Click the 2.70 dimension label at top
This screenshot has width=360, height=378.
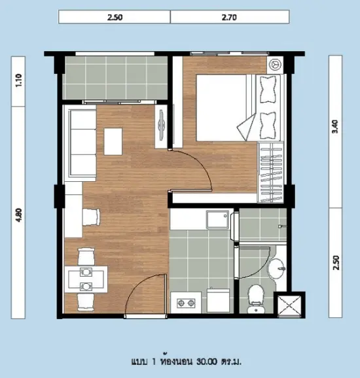point(229,18)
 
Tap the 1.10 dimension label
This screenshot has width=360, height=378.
point(18,80)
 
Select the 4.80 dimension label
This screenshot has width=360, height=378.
point(18,215)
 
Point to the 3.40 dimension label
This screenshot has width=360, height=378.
point(335,127)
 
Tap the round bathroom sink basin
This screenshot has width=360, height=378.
point(277,269)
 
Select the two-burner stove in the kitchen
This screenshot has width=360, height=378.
point(186,303)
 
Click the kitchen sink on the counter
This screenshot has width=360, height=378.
point(217,220)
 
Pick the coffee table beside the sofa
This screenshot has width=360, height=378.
point(113,141)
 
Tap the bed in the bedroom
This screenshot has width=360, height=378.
point(238,108)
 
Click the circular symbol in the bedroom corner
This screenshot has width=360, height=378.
point(275,65)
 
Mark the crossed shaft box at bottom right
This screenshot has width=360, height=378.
point(289,305)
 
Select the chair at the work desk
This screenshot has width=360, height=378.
point(91,217)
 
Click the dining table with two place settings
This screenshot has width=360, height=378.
point(86,279)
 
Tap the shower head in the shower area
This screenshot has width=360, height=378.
point(281,226)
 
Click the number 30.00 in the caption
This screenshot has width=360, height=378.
point(207,362)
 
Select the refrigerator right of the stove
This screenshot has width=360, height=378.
point(219,301)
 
